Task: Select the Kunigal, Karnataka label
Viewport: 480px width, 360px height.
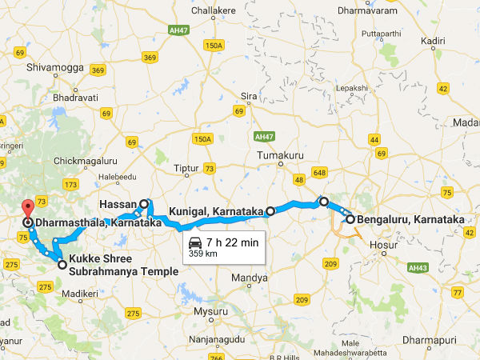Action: click(216, 212)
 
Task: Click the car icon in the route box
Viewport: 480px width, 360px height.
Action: click(194, 242)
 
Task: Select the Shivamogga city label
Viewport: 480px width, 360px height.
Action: click(55, 67)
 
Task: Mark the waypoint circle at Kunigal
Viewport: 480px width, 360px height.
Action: click(270, 211)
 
